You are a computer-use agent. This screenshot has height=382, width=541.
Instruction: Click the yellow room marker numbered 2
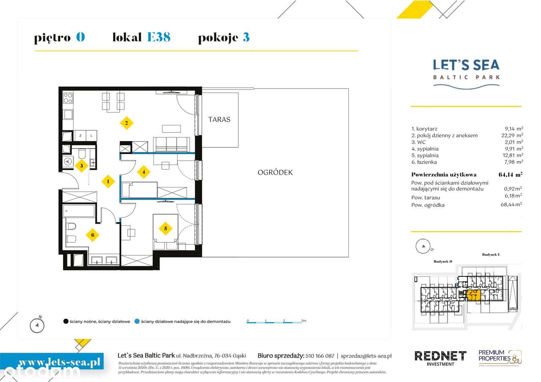click(x=126, y=123)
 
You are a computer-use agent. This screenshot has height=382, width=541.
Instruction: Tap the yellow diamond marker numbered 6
click(x=93, y=235)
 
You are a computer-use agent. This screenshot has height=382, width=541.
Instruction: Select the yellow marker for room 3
click(x=82, y=165)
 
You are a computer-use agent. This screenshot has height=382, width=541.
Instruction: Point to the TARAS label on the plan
click(x=219, y=119)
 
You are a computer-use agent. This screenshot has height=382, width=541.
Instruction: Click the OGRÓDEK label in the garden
click(x=275, y=172)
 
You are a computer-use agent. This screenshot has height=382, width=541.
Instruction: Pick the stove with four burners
click(x=68, y=98)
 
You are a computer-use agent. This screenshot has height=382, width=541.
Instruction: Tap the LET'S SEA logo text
click(x=466, y=65)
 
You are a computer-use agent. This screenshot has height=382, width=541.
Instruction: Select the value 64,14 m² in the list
click(x=511, y=174)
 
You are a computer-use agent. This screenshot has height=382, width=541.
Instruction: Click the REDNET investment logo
click(x=440, y=357)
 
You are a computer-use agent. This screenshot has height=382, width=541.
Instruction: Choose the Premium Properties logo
click(x=499, y=357)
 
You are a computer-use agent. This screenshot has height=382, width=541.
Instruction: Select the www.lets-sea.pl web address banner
click(x=53, y=361)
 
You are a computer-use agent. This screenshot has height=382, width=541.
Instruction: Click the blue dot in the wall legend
click(x=137, y=322)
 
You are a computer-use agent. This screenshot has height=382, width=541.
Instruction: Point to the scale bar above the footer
click(x=275, y=322)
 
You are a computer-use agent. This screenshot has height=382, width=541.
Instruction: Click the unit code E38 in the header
click(x=158, y=37)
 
